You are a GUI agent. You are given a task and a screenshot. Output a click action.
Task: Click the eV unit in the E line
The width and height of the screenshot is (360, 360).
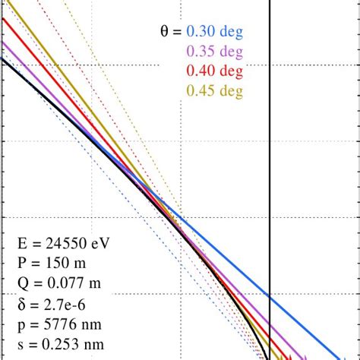click(x=104, y=245)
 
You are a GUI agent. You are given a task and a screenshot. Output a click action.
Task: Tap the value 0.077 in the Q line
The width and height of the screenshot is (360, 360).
click(x=59, y=285)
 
